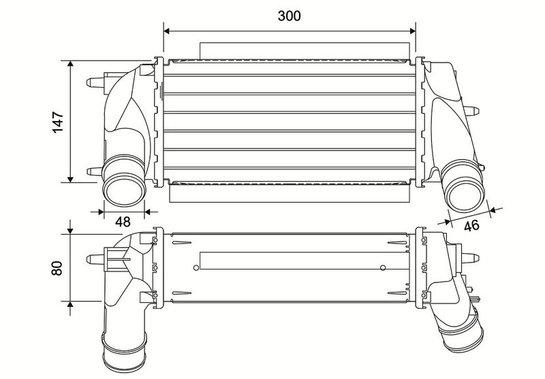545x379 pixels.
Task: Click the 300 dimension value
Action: (x=289, y=16)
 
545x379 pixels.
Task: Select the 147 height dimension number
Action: (x=58, y=122)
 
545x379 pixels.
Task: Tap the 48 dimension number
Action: (x=123, y=221)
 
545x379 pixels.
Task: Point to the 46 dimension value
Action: (x=471, y=226)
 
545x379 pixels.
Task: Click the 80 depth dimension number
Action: (x=57, y=268)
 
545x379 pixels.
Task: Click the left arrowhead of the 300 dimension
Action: (x=166, y=31)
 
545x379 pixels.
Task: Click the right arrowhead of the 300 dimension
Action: (x=413, y=31)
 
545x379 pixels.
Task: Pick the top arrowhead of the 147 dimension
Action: (x=71, y=63)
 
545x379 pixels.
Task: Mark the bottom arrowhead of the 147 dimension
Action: (x=71, y=179)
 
